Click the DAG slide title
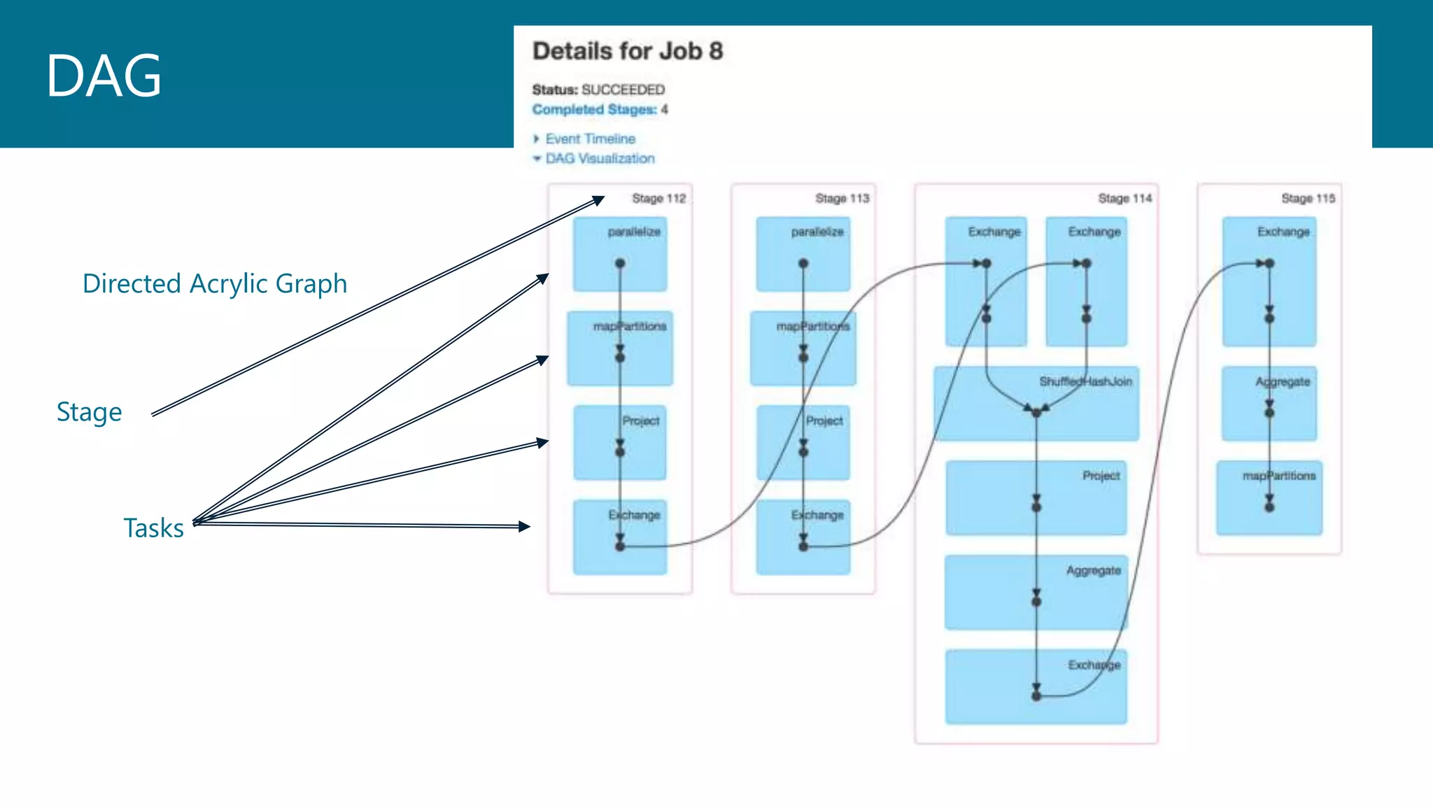click(104, 76)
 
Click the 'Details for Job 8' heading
click(627, 51)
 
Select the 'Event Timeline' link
click(590, 139)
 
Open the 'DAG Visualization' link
click(600, 159)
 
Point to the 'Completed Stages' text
click(594, 110)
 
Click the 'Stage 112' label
click(658, 199)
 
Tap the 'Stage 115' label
click(1308, 199)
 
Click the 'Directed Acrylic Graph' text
click(214, 283)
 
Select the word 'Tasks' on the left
click(153, 528)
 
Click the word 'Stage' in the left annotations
click(89, 411)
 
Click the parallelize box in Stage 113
click(803, 254)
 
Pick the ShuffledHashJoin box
click(1036, 404)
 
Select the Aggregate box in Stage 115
click(1269, 404)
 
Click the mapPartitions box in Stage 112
click(619, 348)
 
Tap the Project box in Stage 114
click(1036, 498)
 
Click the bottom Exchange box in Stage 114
click(1036, 686)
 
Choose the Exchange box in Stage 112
click(619, 537)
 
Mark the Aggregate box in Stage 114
click(1036, 592)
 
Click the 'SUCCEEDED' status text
click(623, 90)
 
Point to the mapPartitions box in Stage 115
click(1269, 498)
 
